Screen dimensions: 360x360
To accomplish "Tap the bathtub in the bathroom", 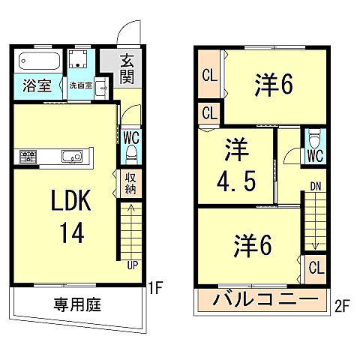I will tap(40, 59).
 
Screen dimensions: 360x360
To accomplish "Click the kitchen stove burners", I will tap(29, 157).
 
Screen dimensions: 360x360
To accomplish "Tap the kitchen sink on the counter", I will tap(72, 157).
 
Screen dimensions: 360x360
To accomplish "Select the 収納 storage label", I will tap(130, 183).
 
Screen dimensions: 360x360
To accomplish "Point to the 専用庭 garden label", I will tap(77, 305).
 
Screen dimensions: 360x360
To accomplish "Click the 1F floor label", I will tap(157, 286).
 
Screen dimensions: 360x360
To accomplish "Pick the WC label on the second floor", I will tap(314, 157).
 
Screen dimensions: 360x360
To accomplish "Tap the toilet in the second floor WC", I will tap(315, 139).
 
